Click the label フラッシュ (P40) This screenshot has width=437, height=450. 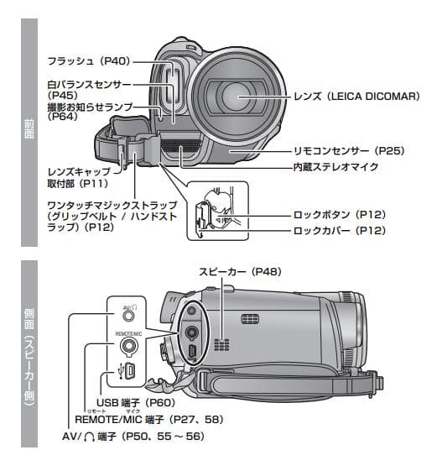90,60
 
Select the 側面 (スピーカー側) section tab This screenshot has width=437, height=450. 29,357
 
